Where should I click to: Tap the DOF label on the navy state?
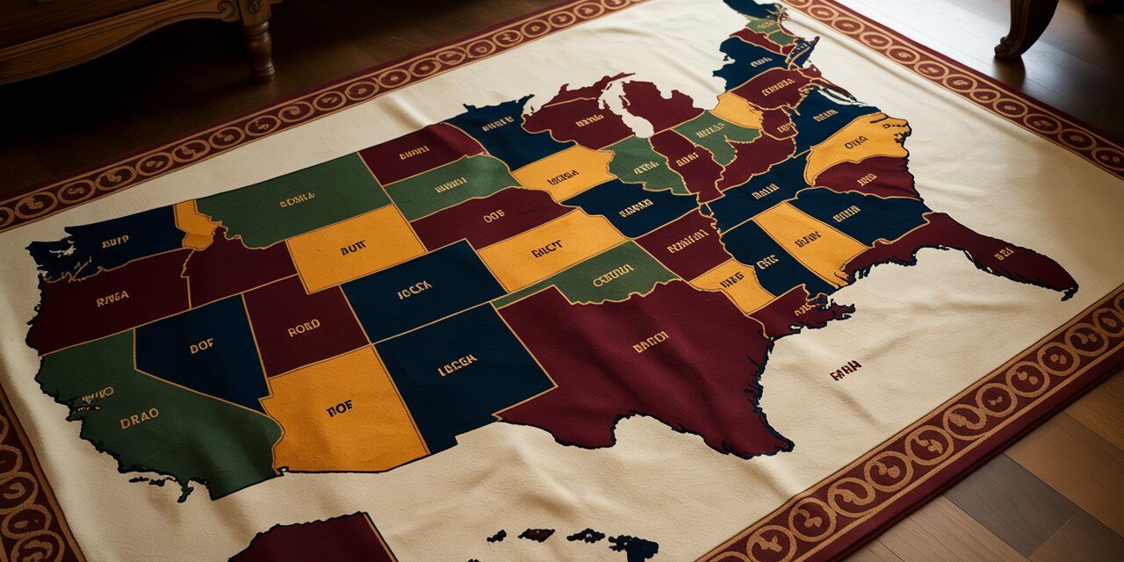click(201, 347)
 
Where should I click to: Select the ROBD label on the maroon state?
click(303, 328)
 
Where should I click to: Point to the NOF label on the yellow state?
click(339, 407)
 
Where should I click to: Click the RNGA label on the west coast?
click(112, 299)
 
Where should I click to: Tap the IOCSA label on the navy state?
click(414, 290)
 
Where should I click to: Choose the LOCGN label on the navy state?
click(457, 360)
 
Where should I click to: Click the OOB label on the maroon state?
click(494, 215)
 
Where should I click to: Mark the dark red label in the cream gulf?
click(845, 370)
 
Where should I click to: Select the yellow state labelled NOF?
click(351, 430)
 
